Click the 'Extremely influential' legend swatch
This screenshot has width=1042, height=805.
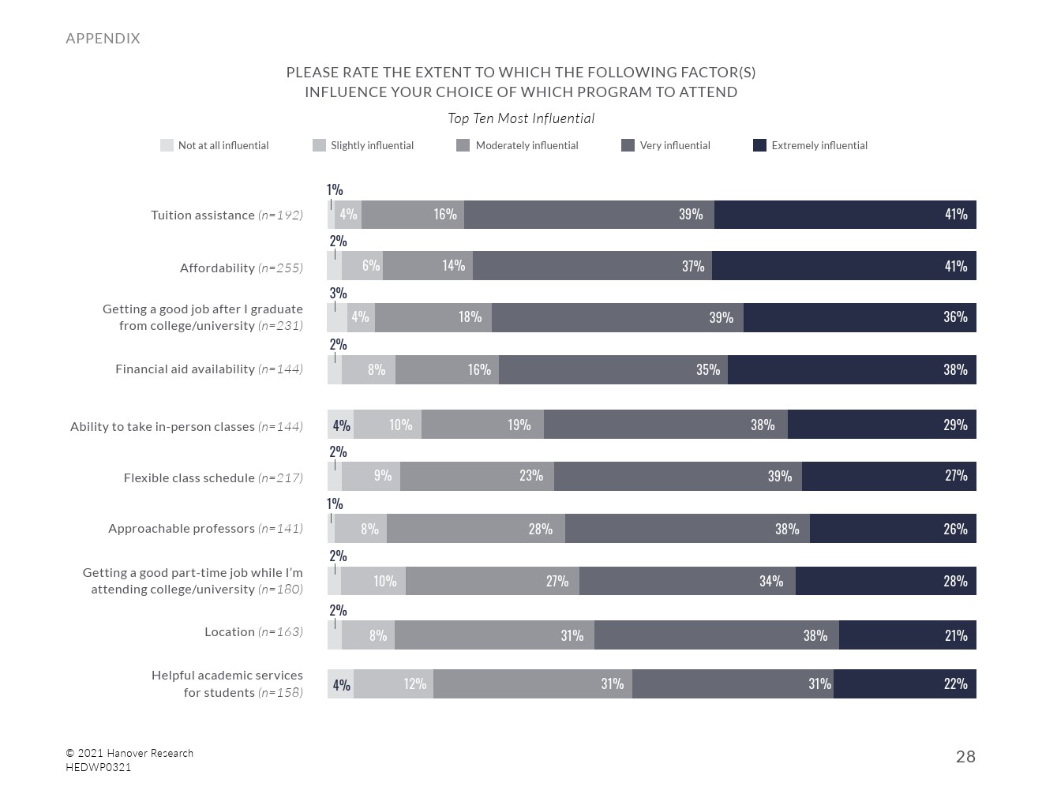759,145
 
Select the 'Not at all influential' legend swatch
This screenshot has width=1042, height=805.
167,145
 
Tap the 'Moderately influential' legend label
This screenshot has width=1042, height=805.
527,145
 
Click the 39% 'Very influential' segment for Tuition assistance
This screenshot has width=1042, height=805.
589,215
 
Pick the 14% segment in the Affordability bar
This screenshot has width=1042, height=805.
428,266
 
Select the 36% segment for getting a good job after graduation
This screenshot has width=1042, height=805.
860,317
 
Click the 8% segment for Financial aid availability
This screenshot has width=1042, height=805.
369,369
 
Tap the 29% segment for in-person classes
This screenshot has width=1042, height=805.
882,425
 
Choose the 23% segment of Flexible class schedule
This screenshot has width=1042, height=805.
477,476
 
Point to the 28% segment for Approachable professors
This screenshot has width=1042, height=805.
476,529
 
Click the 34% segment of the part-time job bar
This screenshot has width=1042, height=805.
688,581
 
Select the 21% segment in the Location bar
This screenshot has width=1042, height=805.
908,635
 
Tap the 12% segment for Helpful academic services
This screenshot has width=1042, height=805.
393,684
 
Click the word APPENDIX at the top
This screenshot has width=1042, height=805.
103,38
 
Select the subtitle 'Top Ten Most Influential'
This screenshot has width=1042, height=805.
521,118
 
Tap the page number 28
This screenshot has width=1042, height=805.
965,757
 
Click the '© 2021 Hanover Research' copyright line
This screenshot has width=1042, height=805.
129,753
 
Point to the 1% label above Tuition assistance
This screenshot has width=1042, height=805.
335,189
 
